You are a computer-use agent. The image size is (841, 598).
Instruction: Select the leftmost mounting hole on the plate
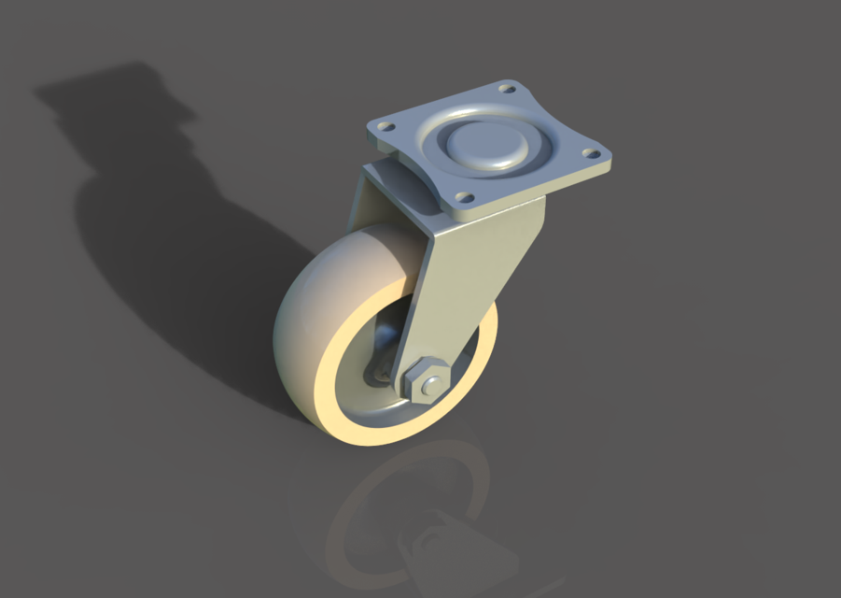click(x=383, y=124)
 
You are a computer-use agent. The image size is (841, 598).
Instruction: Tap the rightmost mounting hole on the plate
click(x=589, y=153)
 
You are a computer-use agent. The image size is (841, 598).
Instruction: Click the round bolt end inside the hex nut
click(x=430, y=384)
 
